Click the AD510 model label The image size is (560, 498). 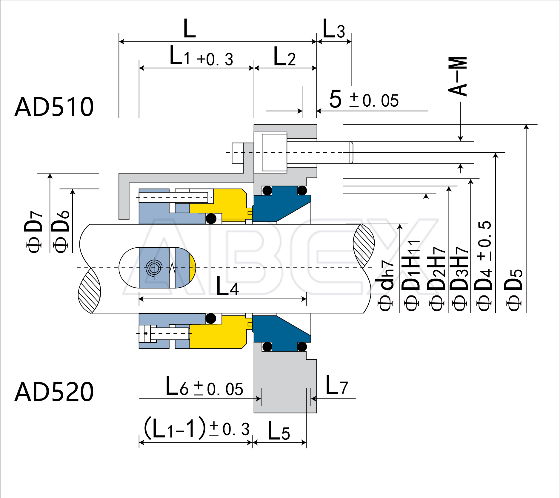[54, 107]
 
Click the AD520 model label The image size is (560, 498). [54, 392]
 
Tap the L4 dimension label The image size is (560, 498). [227, 286]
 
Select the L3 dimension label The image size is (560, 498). [334, 29]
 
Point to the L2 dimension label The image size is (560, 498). [284, 56]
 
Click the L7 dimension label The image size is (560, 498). [336, 385]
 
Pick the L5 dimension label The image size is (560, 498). [279, 431]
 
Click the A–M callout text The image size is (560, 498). [457, 76]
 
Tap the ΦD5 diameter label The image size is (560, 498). [513, 290]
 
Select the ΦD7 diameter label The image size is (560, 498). [33, 232]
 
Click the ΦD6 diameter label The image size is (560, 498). [61, 232]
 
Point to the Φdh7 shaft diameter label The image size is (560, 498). [386, 285]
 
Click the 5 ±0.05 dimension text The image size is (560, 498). [364, 99]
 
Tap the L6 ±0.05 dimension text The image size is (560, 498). [204, 387]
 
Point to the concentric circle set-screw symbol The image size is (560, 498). [154, 268]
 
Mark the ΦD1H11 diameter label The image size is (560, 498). [411, 275]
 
